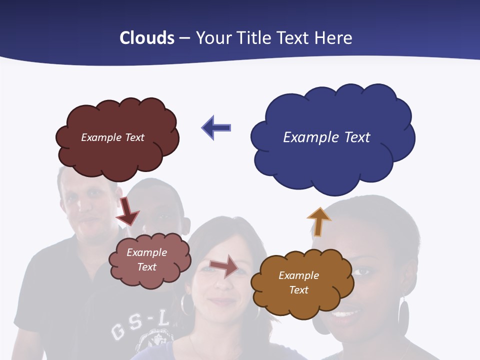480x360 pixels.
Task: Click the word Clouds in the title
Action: (147, 38)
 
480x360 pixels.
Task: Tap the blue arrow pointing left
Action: (216, 127)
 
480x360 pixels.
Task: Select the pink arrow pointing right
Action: (224, 266)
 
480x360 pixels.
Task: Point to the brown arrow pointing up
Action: (319, 222)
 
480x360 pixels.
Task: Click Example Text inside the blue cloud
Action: (326, 137)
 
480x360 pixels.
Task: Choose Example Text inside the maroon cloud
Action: (112, 137)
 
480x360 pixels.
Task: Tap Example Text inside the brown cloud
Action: (298, 282)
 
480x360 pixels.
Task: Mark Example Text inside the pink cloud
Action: (146, 259)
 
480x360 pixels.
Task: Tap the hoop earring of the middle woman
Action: (186, 305)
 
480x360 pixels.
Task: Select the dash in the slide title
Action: (184, 38)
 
